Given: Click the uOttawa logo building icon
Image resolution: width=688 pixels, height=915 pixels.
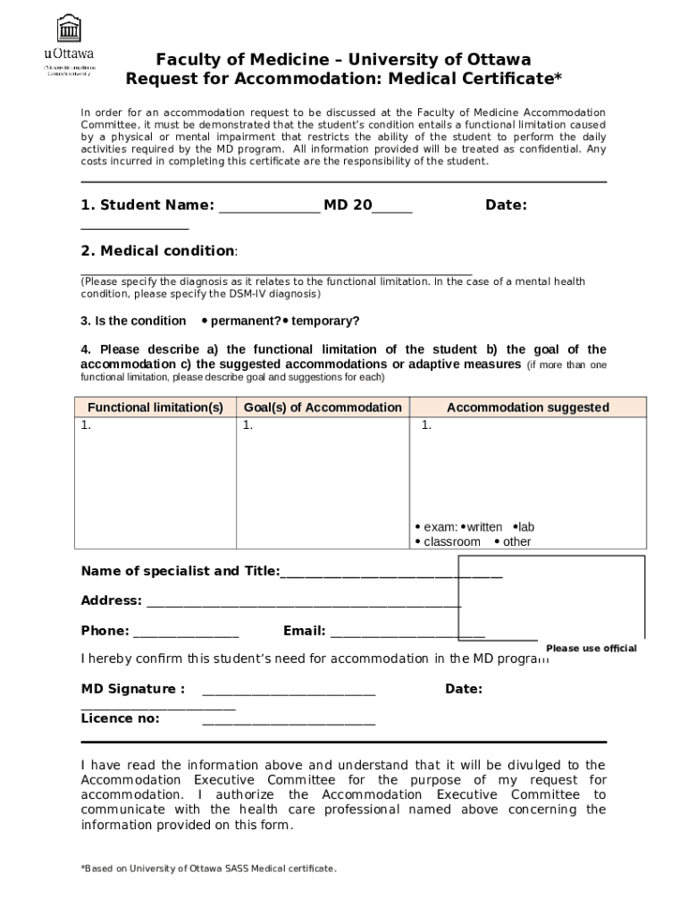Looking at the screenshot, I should [68, 29].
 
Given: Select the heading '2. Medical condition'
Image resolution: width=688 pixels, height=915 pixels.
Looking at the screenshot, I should [159, 251].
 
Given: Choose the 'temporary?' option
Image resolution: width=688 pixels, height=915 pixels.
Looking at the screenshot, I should [325, 321].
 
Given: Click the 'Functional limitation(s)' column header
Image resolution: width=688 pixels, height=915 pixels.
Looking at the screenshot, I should [155, 407].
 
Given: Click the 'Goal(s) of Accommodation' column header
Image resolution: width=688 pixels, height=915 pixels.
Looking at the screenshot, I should [323, 407].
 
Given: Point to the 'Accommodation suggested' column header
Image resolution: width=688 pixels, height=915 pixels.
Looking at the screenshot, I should [527, 407].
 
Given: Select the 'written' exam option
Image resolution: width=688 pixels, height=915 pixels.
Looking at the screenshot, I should [483, 527].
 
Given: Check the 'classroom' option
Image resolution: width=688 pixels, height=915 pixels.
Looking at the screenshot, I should [451, 542].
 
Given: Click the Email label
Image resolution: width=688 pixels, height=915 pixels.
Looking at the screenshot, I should [304, 631].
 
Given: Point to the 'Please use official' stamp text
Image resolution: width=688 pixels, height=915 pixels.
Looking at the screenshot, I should [591, 649].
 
